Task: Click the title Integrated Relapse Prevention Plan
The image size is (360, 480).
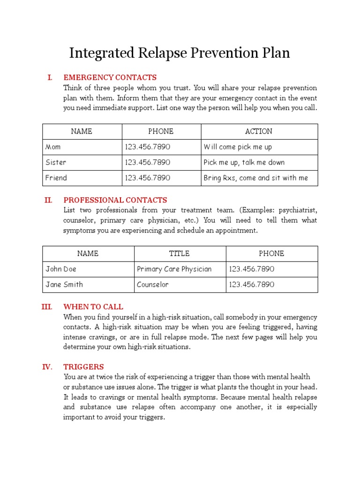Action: [180, 53]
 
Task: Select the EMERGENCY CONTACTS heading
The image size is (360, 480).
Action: [110, 77]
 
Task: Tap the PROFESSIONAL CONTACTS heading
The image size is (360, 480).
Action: [115, 200]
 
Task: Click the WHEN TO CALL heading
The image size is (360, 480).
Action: [93, 307]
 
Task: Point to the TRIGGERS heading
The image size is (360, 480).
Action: [83, 367]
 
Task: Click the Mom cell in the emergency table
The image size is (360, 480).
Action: [53, 147]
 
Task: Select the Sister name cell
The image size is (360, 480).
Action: [56, 162]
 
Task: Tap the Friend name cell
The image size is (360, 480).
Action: [56, 178]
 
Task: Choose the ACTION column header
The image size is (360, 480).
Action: [259, 131]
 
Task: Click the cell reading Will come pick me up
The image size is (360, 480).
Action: [238, 147]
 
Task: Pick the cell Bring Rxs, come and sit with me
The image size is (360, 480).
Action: [255, 178]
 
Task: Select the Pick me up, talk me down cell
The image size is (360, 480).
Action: [244, 162]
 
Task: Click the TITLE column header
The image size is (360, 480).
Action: [180, 254]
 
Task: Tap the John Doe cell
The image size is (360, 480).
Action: [61, 269]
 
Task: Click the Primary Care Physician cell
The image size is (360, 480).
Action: [174, 269]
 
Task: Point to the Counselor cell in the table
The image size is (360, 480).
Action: [152, 285]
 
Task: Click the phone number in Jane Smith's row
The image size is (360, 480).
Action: [252, 285]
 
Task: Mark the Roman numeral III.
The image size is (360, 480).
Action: [47, 307]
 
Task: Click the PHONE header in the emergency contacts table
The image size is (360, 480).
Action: [161, 131]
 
